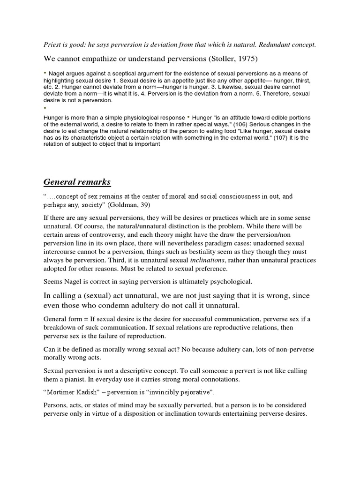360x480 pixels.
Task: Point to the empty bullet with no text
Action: point(46,108)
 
